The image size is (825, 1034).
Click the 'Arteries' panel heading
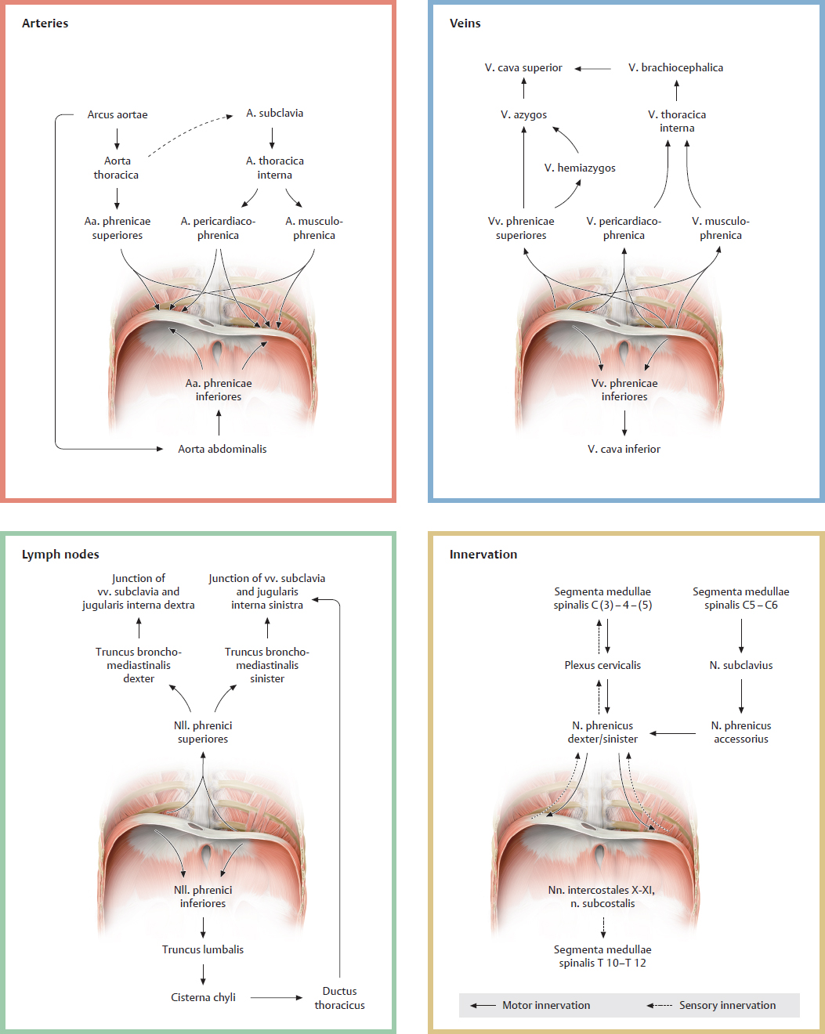click(x=45, y=23)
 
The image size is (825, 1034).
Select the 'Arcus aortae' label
click(x=118, y=114)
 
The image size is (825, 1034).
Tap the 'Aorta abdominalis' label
click(x=222, y=449)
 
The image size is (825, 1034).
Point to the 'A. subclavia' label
click(x=274, y=113)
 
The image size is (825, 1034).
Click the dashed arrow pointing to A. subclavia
click(x=190, y=134)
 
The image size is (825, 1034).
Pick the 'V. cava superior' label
click(x=523, y=67)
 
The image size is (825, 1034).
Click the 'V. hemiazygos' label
click(x=580, y=168)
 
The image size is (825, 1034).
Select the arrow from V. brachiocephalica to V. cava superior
click(x=593, y=68)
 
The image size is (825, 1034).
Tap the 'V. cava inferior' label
click(x=624, y=449)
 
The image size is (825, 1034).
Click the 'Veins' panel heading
click(x=465, y=23)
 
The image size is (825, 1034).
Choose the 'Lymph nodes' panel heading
click(x=60, y=555)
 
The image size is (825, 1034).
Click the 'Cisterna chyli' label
click(x=203, y=997)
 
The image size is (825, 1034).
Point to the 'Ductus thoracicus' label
click(x=339, y=998)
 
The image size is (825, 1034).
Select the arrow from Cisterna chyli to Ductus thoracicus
click(x=276, y=997)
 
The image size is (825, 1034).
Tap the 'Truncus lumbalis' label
click(x=202, y=949)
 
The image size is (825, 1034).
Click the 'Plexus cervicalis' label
click(x=602, y=665)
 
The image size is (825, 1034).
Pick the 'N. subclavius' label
click(x=740, y=665)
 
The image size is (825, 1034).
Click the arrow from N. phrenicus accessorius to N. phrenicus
click(x=673, y=733)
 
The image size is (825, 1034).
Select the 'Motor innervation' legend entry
click(x=546, y=1005)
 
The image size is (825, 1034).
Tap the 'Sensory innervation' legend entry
click(x=727, y=1005)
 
